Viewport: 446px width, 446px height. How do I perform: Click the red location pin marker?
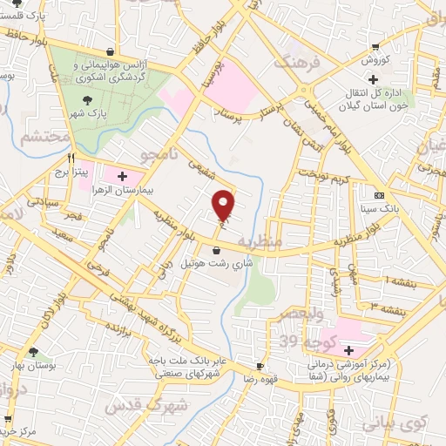(x=225, y=204)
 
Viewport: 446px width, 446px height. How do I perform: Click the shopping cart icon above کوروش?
(x=375, y=48)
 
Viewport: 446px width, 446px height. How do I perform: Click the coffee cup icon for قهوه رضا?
(x=259, y=365)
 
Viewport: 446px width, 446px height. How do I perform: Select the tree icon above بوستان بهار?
(x=33, y=353)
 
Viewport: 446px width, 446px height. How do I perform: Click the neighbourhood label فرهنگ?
(x=292, y=64)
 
